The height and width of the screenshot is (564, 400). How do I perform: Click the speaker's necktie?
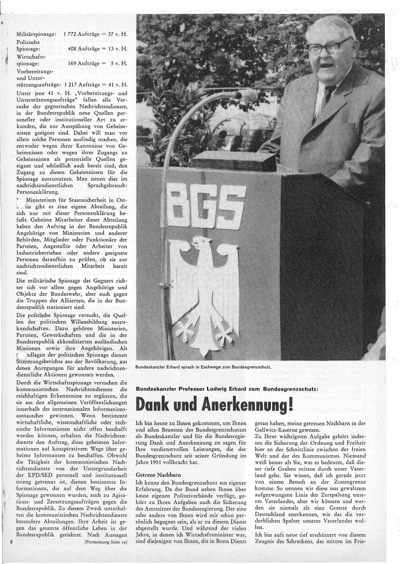pos(328,95)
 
